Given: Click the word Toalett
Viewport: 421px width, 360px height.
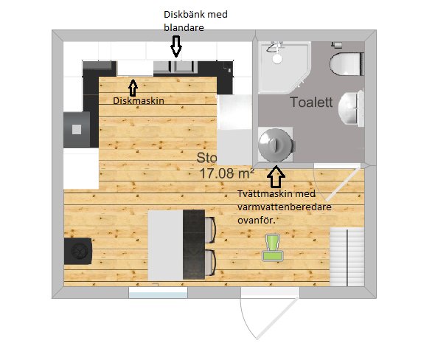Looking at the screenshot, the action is (x=311, y=103).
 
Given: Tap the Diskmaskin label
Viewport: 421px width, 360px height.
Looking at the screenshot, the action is (x=139, y=101).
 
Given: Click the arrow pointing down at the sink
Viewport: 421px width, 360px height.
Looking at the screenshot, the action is (x=176, y=46).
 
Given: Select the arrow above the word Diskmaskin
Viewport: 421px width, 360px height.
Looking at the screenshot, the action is (x=133, y=88).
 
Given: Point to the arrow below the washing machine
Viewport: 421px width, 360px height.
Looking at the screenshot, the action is (x=276, y=177).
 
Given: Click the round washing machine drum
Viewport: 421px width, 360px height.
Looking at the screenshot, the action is (x=275, y=145).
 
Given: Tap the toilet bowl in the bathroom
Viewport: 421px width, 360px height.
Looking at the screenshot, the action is (x=347, y=64).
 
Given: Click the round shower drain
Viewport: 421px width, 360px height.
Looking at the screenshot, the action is (x=277, y=58).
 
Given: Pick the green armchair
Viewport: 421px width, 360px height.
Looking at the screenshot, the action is (x=273, y=248).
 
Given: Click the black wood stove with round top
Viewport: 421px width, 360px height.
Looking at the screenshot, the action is (x=78, y=252).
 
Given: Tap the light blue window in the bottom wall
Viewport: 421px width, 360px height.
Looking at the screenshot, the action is (x=158, y=294).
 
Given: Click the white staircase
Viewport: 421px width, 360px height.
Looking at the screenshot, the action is (x=347, y=257).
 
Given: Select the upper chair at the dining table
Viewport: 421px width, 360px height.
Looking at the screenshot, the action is (x=210, y=230).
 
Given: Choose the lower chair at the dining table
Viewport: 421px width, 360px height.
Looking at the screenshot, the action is (x=210, y=263).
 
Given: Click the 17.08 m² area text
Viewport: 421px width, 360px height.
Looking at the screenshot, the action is (x=227, y=173).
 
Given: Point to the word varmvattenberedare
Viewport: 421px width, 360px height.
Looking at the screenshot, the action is (x=285, y=207).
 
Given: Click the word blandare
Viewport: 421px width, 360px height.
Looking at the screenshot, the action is (x=184, y=27).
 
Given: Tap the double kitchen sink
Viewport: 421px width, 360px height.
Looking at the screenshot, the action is (x=175, y=67).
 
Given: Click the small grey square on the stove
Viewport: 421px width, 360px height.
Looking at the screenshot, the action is (x=77, y=130).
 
